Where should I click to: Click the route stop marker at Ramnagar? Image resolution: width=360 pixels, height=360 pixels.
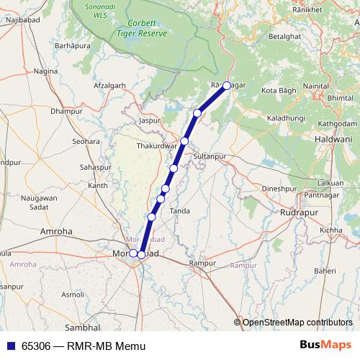tap(227, 86)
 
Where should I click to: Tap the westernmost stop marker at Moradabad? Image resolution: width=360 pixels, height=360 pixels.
tap(133, 253)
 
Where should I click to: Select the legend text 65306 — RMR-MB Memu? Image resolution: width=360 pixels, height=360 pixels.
tap(84, 346)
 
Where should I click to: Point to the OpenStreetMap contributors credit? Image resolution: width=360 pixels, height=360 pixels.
tap(297, 323)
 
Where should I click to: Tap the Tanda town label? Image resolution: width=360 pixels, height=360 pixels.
tap(180, 210)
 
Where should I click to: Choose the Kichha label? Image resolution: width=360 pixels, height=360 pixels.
tap(332, 230)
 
